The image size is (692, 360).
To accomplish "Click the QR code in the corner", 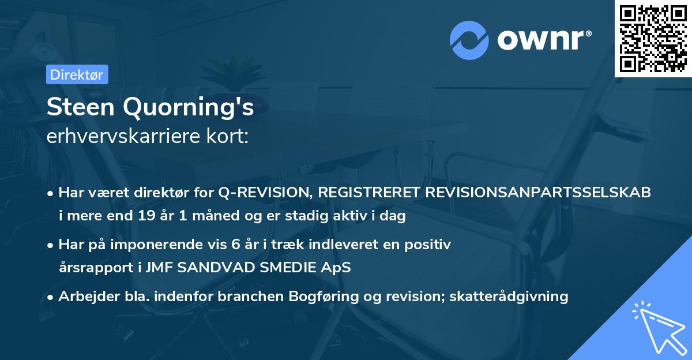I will (x=653, y=38).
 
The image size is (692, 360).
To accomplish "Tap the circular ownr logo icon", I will (x=469, y=41).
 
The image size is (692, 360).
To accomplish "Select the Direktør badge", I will (x=77, y=74).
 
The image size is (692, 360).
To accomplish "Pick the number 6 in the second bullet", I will (x=236, y=245).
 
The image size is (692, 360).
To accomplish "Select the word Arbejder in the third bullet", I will (x=84, y=297).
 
